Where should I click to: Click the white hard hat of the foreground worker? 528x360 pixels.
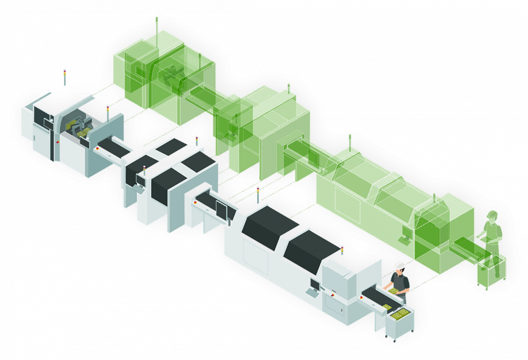(400, 265)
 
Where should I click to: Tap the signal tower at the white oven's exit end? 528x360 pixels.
(342, 251)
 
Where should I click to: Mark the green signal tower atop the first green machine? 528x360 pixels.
(157, 23)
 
